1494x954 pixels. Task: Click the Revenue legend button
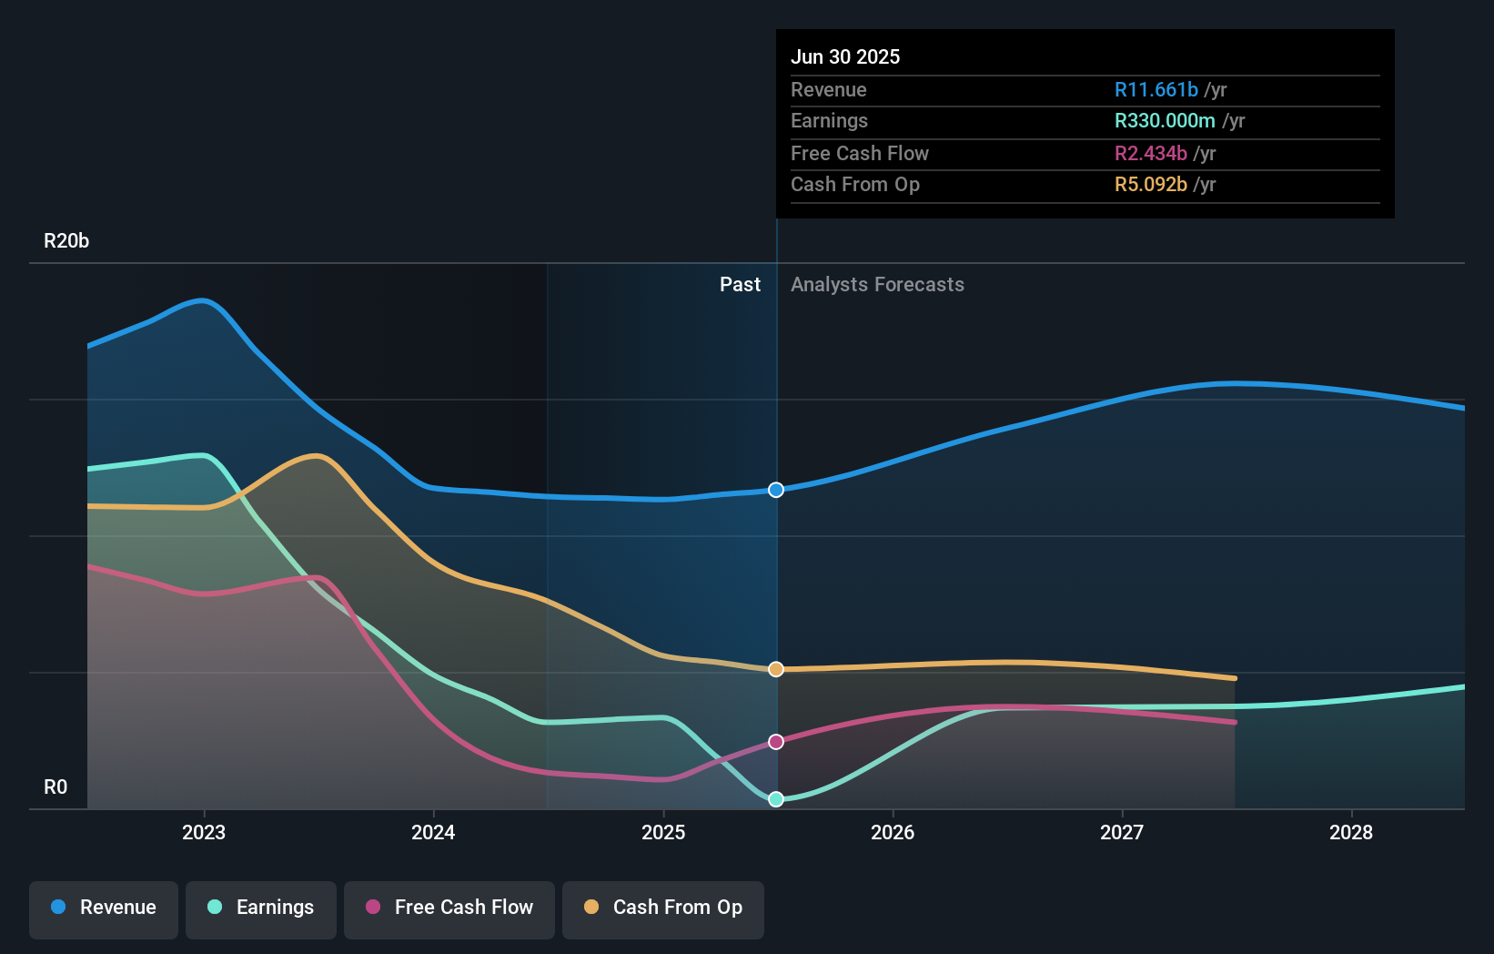click(x=104, y=908)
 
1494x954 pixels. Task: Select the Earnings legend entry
click(x=261, y=908)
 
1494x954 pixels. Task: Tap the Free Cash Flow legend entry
click(x=449, y=908)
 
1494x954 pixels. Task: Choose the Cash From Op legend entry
click(x=663, y=908)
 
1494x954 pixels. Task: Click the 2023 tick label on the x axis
click(x=204, y=832)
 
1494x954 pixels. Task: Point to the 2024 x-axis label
click(x=433, y=832)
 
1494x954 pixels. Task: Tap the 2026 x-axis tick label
click(x=893, y=832)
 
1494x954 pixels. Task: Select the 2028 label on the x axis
click(x=1351, y=832)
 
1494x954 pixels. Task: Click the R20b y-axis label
click(x=66, y=241)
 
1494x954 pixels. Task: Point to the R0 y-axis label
click(x=56, y=787)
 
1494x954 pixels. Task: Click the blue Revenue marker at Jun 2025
click(x=776, y=490)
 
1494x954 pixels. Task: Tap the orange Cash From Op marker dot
click(x=776, y=669)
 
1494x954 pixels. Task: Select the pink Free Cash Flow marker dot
click(x=776, y=742)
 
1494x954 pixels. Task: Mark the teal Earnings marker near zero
click(x=776, y=799)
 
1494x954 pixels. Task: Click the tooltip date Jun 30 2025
click(x=845, y=56)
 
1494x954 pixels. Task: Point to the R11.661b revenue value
click(x=1156, y=89)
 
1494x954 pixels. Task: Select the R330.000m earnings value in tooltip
click(x=1165, y=121)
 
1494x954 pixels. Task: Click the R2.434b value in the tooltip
click(x=1151, y=153)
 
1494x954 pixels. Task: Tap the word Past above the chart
click(x=740, y=285)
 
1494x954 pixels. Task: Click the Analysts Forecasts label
click(x=877, y=285)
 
